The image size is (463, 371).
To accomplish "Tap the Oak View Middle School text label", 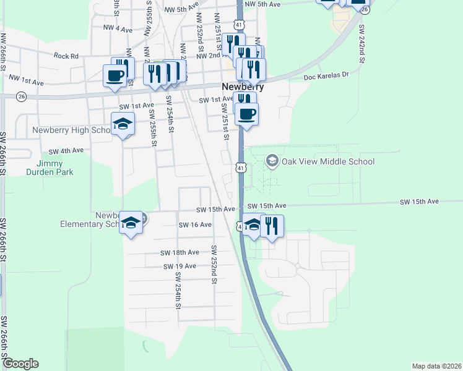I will (x=328, y=162).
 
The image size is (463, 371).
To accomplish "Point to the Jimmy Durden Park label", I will (x=54, y=168).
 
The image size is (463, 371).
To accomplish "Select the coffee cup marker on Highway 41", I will (x=246, y=114).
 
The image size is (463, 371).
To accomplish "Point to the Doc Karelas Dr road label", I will (x=327, y=74).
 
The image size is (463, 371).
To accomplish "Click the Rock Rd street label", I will (x=66, y=56).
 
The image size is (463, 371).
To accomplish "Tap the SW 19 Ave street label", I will (x=180, y=266).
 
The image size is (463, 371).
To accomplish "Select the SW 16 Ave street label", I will (x=194, y=225).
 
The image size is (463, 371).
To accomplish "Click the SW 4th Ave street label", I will (x=67, y=150).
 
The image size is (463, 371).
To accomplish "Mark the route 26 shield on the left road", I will (x=22, y=96).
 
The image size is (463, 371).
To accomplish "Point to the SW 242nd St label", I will (x=361, y=49).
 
